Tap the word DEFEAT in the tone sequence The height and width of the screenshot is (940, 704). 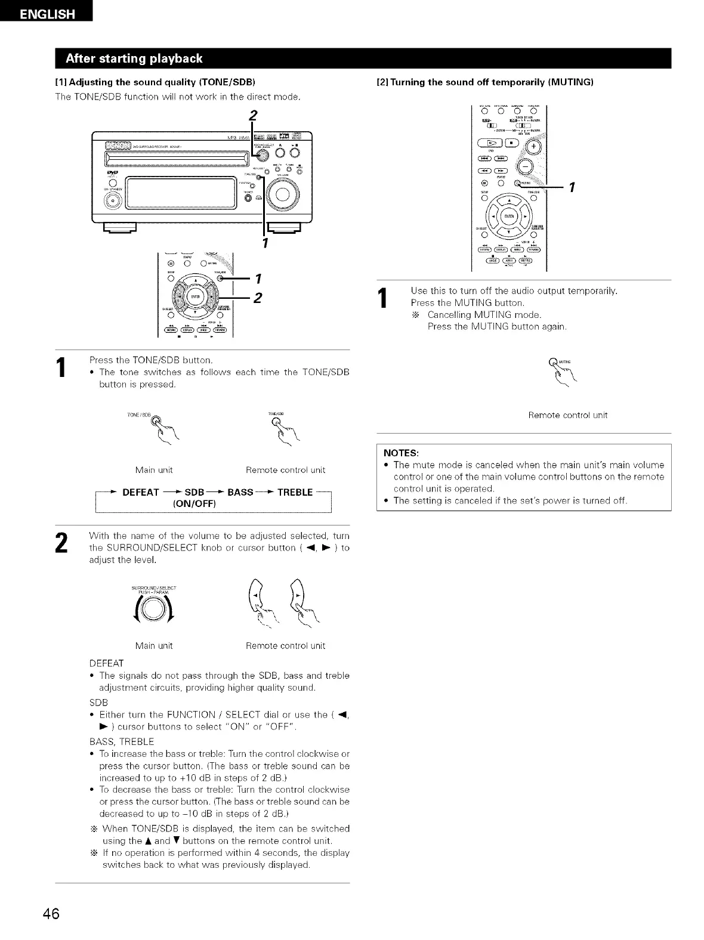pyautogui.click(x=141, y=492)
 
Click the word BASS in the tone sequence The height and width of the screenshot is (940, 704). pyautogui.click(x=240, y=492)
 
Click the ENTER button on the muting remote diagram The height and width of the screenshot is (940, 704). pyautogui.click(x=509, y=215)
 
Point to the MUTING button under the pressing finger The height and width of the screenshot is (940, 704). pyautogui.click(x=553, y=360)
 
